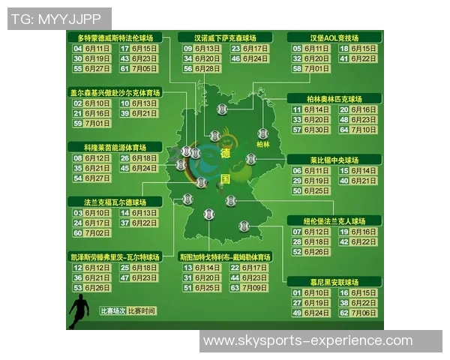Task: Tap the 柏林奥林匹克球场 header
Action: click(334, 98)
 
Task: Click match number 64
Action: click(344, 130)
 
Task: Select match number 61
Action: click(125, 68)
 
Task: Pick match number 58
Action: click(297, 68)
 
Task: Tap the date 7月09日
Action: click(256, 287)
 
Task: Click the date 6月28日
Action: click(208, 68)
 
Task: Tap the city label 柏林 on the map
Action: click(262, 143)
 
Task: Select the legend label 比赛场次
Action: click(112, 310)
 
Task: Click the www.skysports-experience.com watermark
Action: click(307, 341)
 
